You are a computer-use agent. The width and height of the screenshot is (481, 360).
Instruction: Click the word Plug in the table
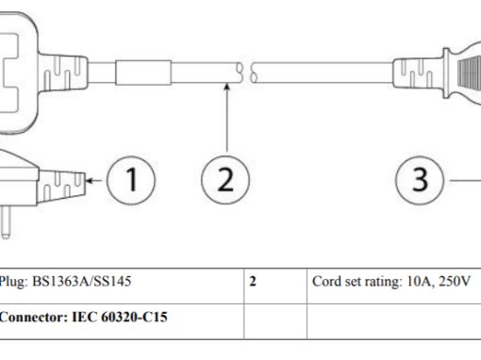14,282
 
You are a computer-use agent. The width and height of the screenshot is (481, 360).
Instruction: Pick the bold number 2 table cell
254,282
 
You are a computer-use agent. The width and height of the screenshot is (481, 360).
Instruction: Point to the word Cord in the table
326,282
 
